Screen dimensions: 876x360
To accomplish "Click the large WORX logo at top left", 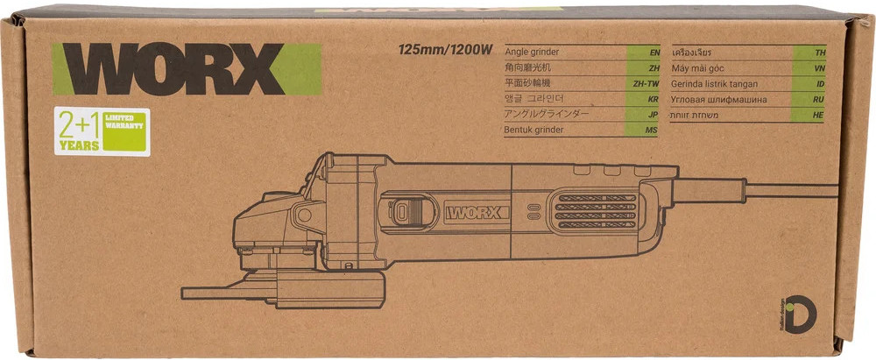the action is (x=187, y=68).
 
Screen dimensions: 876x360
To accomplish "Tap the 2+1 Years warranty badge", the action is (x=102, y=131).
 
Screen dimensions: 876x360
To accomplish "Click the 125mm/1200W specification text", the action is (x=445, y=50).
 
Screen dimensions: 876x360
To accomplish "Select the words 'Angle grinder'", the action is (x=532, y=52).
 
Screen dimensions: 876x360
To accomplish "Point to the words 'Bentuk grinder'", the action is (x=534, y=130).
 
